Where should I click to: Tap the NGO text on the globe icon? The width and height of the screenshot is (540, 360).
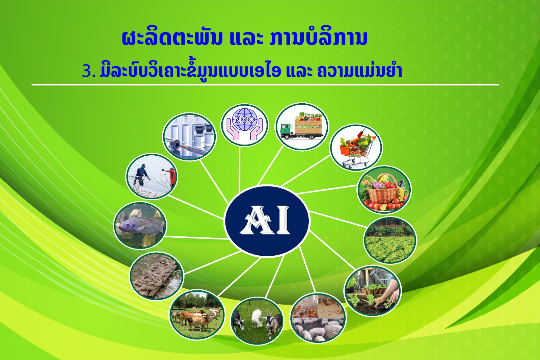coord(244,120)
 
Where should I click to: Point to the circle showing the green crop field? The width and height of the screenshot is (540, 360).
coord(390,240)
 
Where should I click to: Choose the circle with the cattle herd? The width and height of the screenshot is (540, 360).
coord(197,314)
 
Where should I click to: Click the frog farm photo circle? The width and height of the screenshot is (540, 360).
coord(157,276)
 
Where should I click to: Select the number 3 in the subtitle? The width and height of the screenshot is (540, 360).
coord(86,72)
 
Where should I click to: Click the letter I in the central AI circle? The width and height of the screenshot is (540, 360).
coord(282,220)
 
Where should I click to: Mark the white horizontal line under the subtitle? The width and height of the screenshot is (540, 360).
coord(265,85)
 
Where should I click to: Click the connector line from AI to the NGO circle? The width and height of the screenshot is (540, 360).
coord(239,168)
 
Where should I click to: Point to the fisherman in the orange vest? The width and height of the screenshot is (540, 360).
coord(171,176)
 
